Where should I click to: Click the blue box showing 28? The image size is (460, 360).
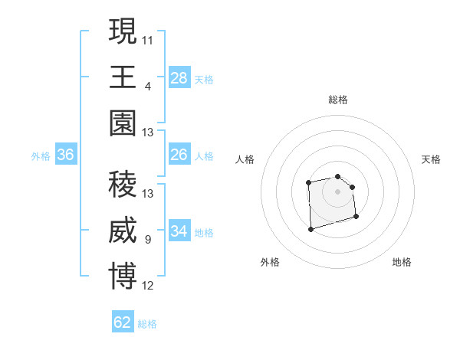tap(179, 78)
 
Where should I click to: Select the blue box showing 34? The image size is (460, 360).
tap(179, 231)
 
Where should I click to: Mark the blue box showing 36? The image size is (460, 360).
tap(66, 155)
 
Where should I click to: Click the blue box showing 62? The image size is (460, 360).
tap(123, 322)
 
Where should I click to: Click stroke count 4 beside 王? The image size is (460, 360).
tap(148, 86)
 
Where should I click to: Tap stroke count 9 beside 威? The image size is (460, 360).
tap(148, 240)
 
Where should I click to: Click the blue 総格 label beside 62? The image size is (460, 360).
tap(147, 324)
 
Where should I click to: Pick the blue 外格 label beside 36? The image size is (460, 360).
tap(41, 156)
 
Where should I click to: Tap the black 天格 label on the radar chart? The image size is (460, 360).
tap(431, 159)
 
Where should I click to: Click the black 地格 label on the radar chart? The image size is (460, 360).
tap(402, 262)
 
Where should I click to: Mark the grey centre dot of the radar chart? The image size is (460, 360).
tap(337, 191)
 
